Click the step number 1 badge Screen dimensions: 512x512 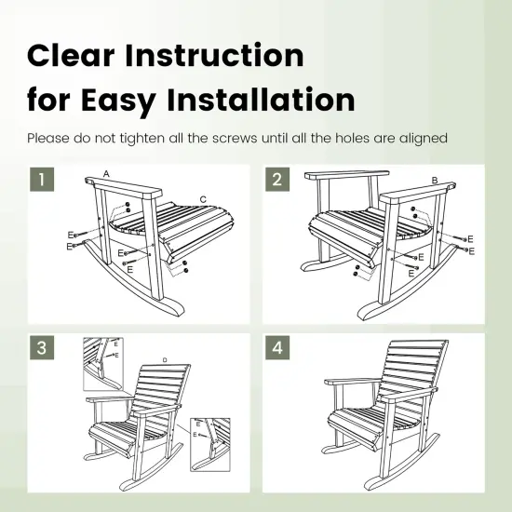point(40,179)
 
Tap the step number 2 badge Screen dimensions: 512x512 point(277,179)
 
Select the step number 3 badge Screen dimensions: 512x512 point(40,348)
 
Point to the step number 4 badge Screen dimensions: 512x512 point(277,348)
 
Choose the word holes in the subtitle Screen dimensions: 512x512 point(354,139)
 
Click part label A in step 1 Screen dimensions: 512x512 point(107,174)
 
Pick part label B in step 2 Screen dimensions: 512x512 point(434,179)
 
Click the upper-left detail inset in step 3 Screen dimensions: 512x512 point(105,362)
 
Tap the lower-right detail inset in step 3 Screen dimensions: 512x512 point(211,443)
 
